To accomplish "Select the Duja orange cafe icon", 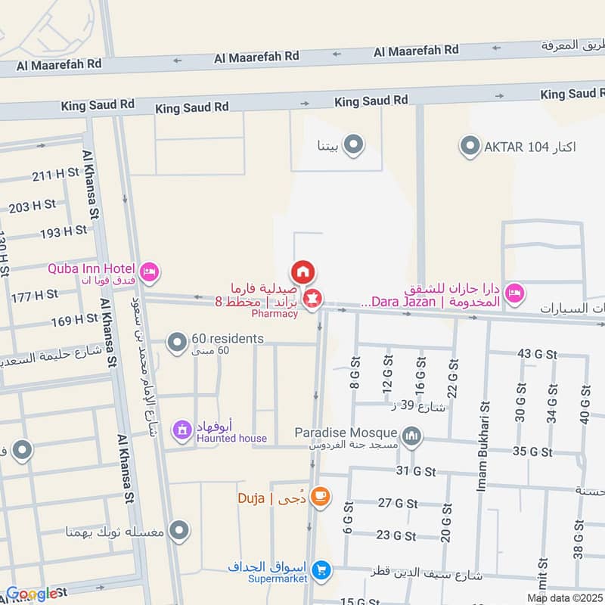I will [x=321, y=497].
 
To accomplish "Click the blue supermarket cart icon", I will [x=322, y=569].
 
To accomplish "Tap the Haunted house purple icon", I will [x=181, y=430].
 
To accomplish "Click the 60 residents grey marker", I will [x=177, y=344].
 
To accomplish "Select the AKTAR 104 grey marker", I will [x=470, y=145].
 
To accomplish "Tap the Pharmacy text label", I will [x=275, y=313].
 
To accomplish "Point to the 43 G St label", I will [x=537, y=354].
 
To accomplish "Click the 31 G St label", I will [x=416, y=472].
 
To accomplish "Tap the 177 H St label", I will [x=34, y=295].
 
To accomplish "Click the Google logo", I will [x=32, y=594].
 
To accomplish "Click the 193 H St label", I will [x=64, y=231].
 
